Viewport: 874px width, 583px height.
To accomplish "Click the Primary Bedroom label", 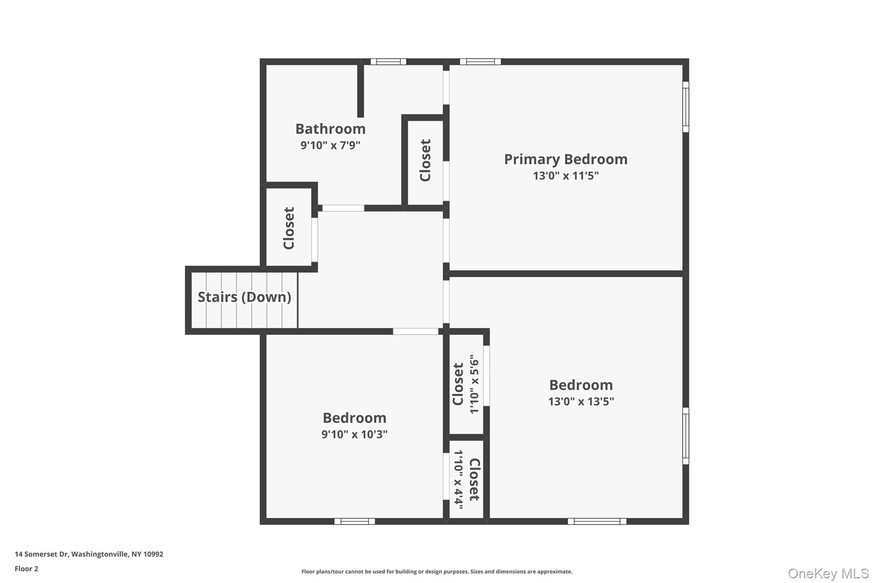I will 565,159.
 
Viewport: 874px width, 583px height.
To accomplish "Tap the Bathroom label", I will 330,129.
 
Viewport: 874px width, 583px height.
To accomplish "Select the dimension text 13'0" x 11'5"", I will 565,176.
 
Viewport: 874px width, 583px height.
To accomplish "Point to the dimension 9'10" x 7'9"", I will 330,145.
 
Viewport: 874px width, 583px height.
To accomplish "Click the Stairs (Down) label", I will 244,297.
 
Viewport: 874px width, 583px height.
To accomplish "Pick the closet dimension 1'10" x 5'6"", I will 474,384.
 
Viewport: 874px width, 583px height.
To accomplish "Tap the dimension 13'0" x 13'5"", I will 581,401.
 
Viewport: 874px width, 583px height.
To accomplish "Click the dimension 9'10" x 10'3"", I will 354,434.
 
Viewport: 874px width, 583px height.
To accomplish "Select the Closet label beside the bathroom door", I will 289,228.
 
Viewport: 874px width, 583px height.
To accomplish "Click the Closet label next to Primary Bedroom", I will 425,160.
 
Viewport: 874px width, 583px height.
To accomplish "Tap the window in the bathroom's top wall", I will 388,62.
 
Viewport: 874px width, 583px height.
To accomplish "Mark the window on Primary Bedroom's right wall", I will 685,107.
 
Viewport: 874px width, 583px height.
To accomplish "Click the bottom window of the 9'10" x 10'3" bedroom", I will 354,521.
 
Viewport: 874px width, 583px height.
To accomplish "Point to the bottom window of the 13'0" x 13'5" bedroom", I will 597,521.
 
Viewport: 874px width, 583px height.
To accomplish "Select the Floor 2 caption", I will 26,568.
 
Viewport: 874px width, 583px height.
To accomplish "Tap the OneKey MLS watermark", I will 828,573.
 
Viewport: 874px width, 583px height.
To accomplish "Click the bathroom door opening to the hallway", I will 343,208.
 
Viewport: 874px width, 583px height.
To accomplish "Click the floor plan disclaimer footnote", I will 437,571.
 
